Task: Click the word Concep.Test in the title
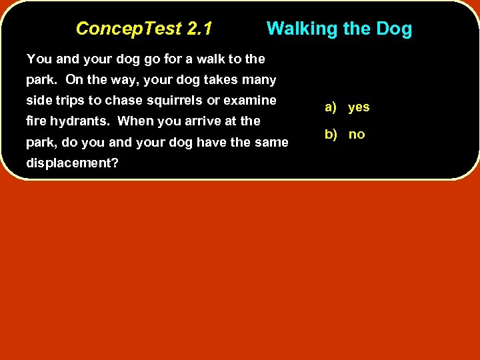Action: coord(129,29)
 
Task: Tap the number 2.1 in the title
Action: coord(200,29)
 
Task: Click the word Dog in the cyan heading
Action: coord(394,29)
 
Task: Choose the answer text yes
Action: coord(359,107)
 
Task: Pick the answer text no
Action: coord(357,135)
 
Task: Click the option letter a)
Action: coord(331,107)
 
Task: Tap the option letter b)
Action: coord(331,135)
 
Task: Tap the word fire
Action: coord(35,121)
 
